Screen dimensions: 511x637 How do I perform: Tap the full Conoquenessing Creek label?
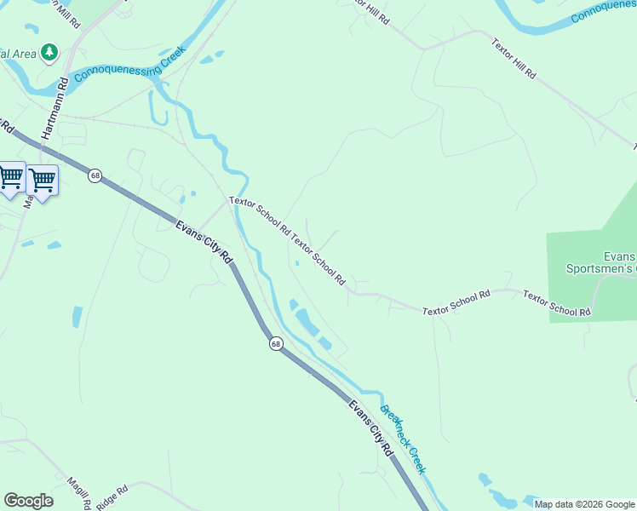(x=129, y=61)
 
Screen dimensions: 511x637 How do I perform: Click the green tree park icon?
(x=49, y=54)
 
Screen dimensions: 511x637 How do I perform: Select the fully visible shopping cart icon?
(x=42, y=180)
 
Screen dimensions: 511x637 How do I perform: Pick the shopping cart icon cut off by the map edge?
(x=10, y=177)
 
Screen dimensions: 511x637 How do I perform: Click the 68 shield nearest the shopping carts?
(x=95, y=175)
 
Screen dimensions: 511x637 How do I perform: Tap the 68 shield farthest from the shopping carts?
(x=276, y=343)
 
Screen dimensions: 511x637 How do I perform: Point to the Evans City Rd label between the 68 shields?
(x=204, y=241)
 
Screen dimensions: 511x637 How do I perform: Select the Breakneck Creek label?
(x=403, y=439)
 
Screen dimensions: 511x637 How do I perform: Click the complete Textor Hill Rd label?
(x=514, y=58)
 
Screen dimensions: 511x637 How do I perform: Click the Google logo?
(x=28, y=501)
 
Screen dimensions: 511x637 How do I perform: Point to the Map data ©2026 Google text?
(x=584, y=504)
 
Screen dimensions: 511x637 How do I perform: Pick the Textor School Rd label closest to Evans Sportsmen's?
(x=557, y=304)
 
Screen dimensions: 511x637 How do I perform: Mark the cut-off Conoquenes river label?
(x=603, y=12)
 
